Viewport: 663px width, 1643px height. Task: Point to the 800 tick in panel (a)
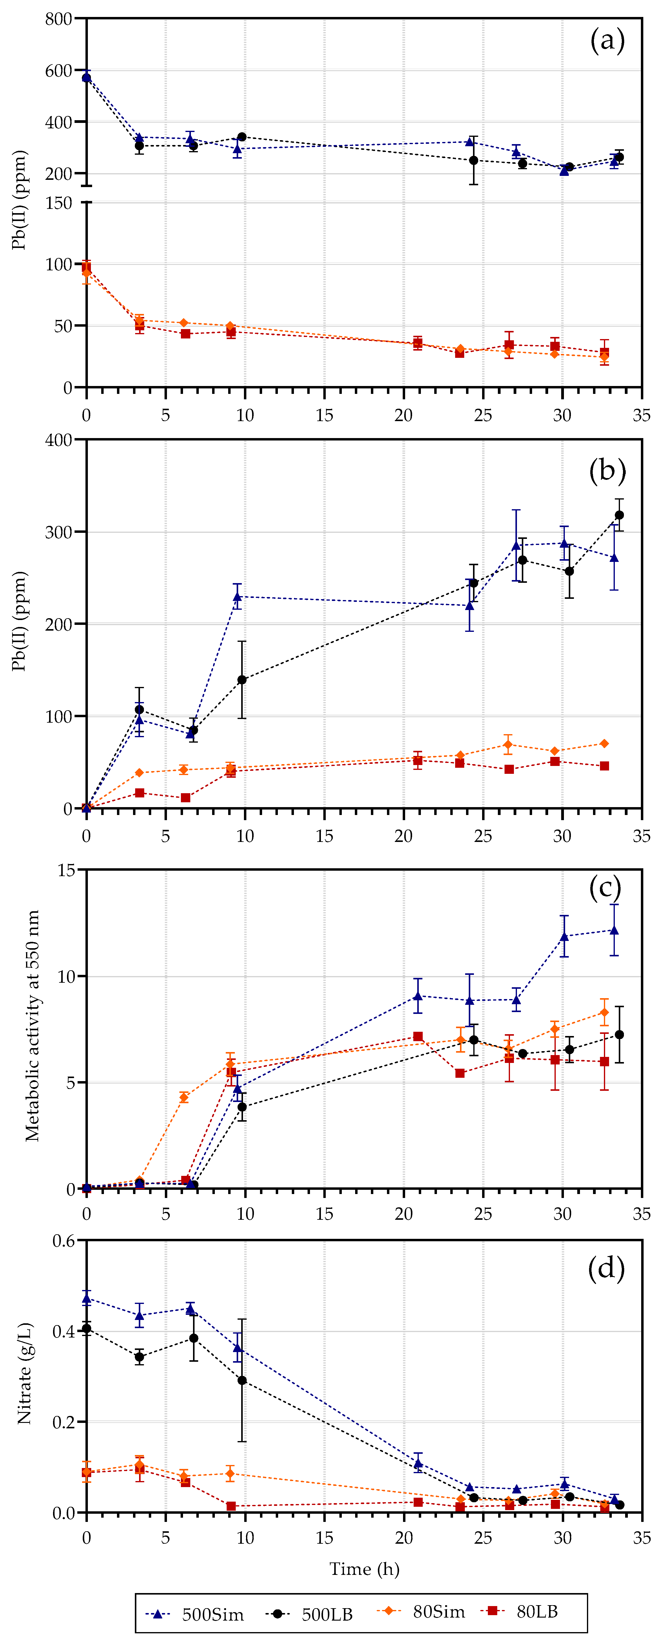click(59, 19)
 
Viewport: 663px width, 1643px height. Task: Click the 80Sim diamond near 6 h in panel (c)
click(184, 1097)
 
